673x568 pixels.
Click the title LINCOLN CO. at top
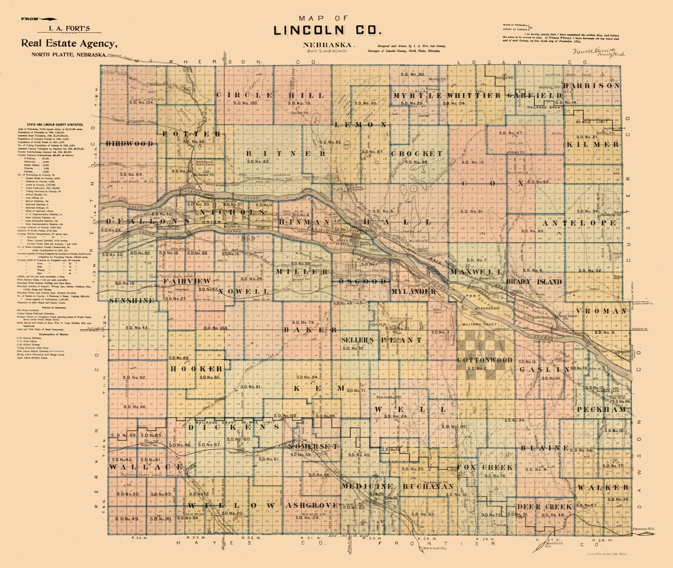click(328, 31)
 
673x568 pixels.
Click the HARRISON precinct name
click(591, 86)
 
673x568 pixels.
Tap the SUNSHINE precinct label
click(132, 300)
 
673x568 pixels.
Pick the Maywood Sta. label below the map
click(433, 548)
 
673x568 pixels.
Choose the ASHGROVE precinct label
click(312, 505)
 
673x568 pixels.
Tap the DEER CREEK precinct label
click(544, 507)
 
